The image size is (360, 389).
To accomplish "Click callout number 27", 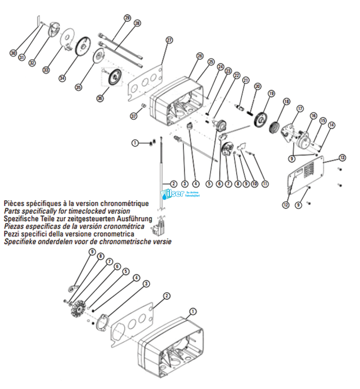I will [x=169, y=40].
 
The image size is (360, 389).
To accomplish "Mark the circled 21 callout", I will [x=246, y=80].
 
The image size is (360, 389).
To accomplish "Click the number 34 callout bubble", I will [x=62, y=78].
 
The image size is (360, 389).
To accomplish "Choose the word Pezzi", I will [x=13, y=234].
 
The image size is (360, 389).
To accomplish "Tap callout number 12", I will [x=285, y=204].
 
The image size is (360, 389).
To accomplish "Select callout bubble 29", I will [x=127, y=18].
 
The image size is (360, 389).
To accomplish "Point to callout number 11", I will [x=265, y=183].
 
